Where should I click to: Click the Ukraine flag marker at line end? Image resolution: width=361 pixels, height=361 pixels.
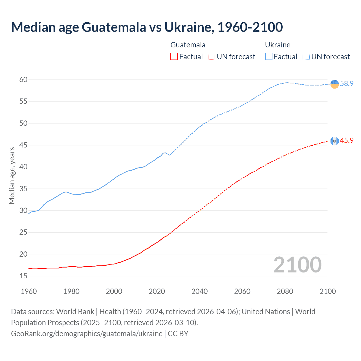[x=334, y=84]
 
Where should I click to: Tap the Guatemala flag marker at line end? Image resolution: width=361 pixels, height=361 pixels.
[x=334, y=141]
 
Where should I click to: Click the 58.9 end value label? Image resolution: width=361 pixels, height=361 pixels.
[x=347, y=83]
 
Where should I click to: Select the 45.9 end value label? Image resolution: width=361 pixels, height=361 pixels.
[x=347, y=140]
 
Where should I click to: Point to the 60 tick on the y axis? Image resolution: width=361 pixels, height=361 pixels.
[x=23, y=80]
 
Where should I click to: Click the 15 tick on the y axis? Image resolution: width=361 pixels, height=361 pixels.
[x=23, y=276]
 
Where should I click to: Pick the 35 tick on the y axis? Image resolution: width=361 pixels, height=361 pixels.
[x=23, y=189]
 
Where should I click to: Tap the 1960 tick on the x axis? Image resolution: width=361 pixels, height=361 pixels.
[x=29, y=291]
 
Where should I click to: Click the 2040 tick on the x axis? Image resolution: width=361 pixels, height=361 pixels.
[x=199, y=291]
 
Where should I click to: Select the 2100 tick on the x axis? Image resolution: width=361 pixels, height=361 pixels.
[x=327, y=291]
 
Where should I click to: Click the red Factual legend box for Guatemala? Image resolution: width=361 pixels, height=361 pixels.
[x=174, y=57]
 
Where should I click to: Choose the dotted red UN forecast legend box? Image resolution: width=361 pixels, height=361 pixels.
[x=212, y=57]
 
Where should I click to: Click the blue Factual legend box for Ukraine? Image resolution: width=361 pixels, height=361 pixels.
[x=269, y=57]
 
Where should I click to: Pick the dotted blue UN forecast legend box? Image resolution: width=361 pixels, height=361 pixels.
[x=306, y=57]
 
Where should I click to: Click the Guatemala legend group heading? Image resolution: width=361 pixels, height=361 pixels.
[x=188, y=45]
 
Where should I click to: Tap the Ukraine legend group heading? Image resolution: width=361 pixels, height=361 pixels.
[x=278, y=45]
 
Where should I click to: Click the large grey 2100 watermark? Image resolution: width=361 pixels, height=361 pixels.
[x=297, y=265]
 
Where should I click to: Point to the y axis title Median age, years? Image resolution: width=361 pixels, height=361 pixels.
[x=12, y=175]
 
